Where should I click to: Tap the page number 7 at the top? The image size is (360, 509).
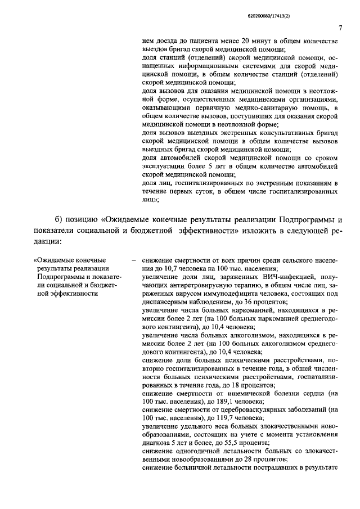point(341,28)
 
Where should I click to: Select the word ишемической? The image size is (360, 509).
point(264,394)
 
